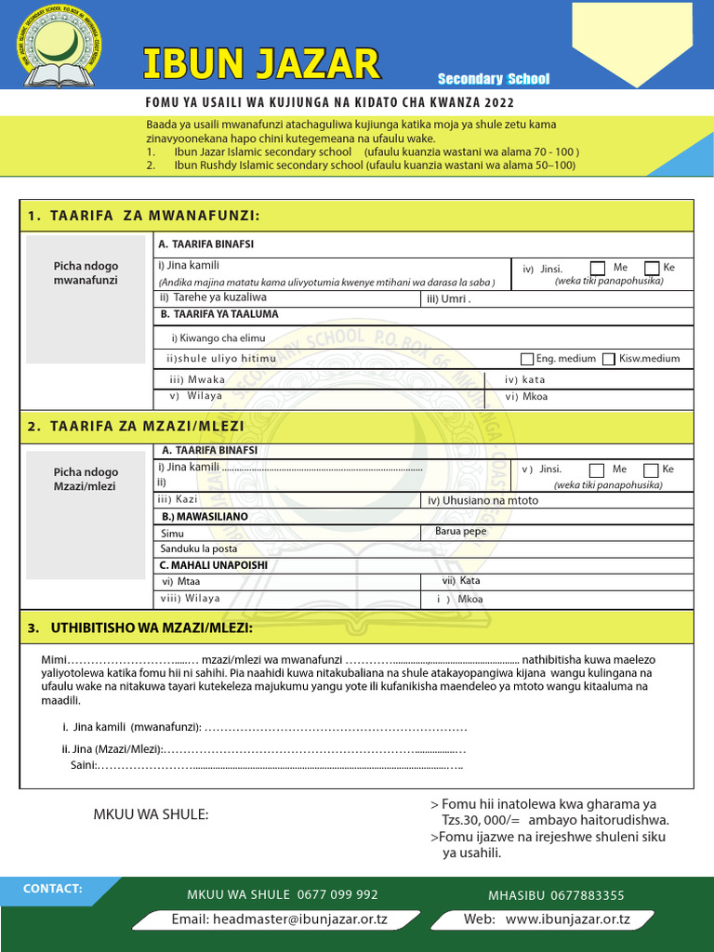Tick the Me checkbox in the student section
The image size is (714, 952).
598,269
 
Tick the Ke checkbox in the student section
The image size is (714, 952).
652,269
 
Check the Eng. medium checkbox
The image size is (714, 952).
527,359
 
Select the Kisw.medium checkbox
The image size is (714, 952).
609,359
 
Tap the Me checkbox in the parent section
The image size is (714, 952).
597,470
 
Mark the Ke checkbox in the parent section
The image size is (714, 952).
651,470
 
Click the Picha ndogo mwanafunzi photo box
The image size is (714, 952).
86,286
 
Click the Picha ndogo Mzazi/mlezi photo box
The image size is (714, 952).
86,514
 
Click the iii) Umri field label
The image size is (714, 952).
448,298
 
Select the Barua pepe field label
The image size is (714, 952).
460,532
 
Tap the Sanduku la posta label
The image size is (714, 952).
199,549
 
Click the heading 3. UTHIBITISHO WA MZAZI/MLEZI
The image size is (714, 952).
139,628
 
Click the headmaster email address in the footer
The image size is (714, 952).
279,919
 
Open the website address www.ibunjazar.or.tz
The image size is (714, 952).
547,919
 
